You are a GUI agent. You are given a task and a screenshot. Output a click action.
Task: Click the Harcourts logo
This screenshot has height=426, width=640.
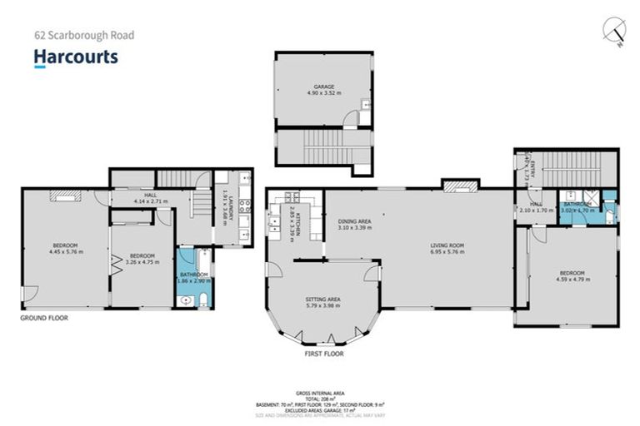click(76, 57)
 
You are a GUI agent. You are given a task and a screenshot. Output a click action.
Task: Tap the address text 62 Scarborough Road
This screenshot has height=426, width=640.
click(83, 36)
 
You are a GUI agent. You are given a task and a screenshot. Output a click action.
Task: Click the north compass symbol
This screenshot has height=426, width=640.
click(616, 31)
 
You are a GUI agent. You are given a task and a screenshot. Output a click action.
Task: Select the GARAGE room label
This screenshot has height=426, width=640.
click(323, 87)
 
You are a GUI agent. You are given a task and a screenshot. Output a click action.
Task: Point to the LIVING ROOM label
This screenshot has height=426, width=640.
click(446, 245)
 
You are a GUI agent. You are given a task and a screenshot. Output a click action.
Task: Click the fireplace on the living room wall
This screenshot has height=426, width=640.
click(461, 185)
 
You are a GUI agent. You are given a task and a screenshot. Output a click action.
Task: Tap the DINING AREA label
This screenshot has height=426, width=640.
click(354, 220)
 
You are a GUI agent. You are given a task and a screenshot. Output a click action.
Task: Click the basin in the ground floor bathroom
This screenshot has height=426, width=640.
click(186, 300)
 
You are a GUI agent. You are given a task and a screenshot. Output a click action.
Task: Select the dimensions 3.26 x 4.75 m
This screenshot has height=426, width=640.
click(142, 262)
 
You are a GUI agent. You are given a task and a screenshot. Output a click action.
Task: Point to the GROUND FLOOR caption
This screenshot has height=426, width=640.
click(44, 318)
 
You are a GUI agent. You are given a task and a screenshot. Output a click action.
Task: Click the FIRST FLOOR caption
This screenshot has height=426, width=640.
click(322, 354)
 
